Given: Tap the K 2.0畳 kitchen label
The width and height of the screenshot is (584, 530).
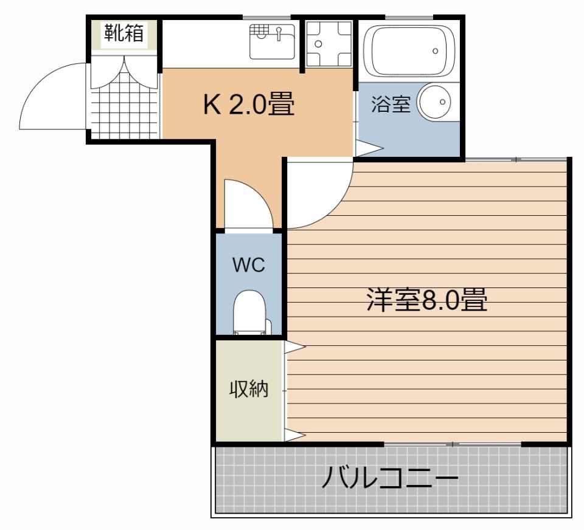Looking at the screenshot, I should tap(249, 105).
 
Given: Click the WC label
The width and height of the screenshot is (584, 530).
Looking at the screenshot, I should tap(249, 265).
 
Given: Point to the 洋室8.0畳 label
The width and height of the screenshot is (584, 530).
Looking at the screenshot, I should tap(426, 300).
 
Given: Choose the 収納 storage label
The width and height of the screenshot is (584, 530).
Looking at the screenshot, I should tap(248, 390).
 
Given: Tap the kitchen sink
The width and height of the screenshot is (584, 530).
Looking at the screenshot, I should tap(272, 41).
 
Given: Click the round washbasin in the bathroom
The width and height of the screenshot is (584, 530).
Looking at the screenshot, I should tap(436, 102).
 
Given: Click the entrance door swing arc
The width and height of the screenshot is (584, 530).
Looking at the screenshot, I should tap(52, 97).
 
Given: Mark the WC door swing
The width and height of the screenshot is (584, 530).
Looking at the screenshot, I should tap(246, 204).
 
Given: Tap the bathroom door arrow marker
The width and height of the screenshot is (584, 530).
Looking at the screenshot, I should tap(367, 148).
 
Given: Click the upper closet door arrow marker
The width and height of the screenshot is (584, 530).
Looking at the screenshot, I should tap(295, 347).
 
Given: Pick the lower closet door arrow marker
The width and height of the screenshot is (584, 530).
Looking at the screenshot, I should tap(295, 435).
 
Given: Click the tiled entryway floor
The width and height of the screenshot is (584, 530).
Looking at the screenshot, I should tap(125, 103).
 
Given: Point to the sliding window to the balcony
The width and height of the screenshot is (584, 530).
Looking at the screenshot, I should tap(453, 444).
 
